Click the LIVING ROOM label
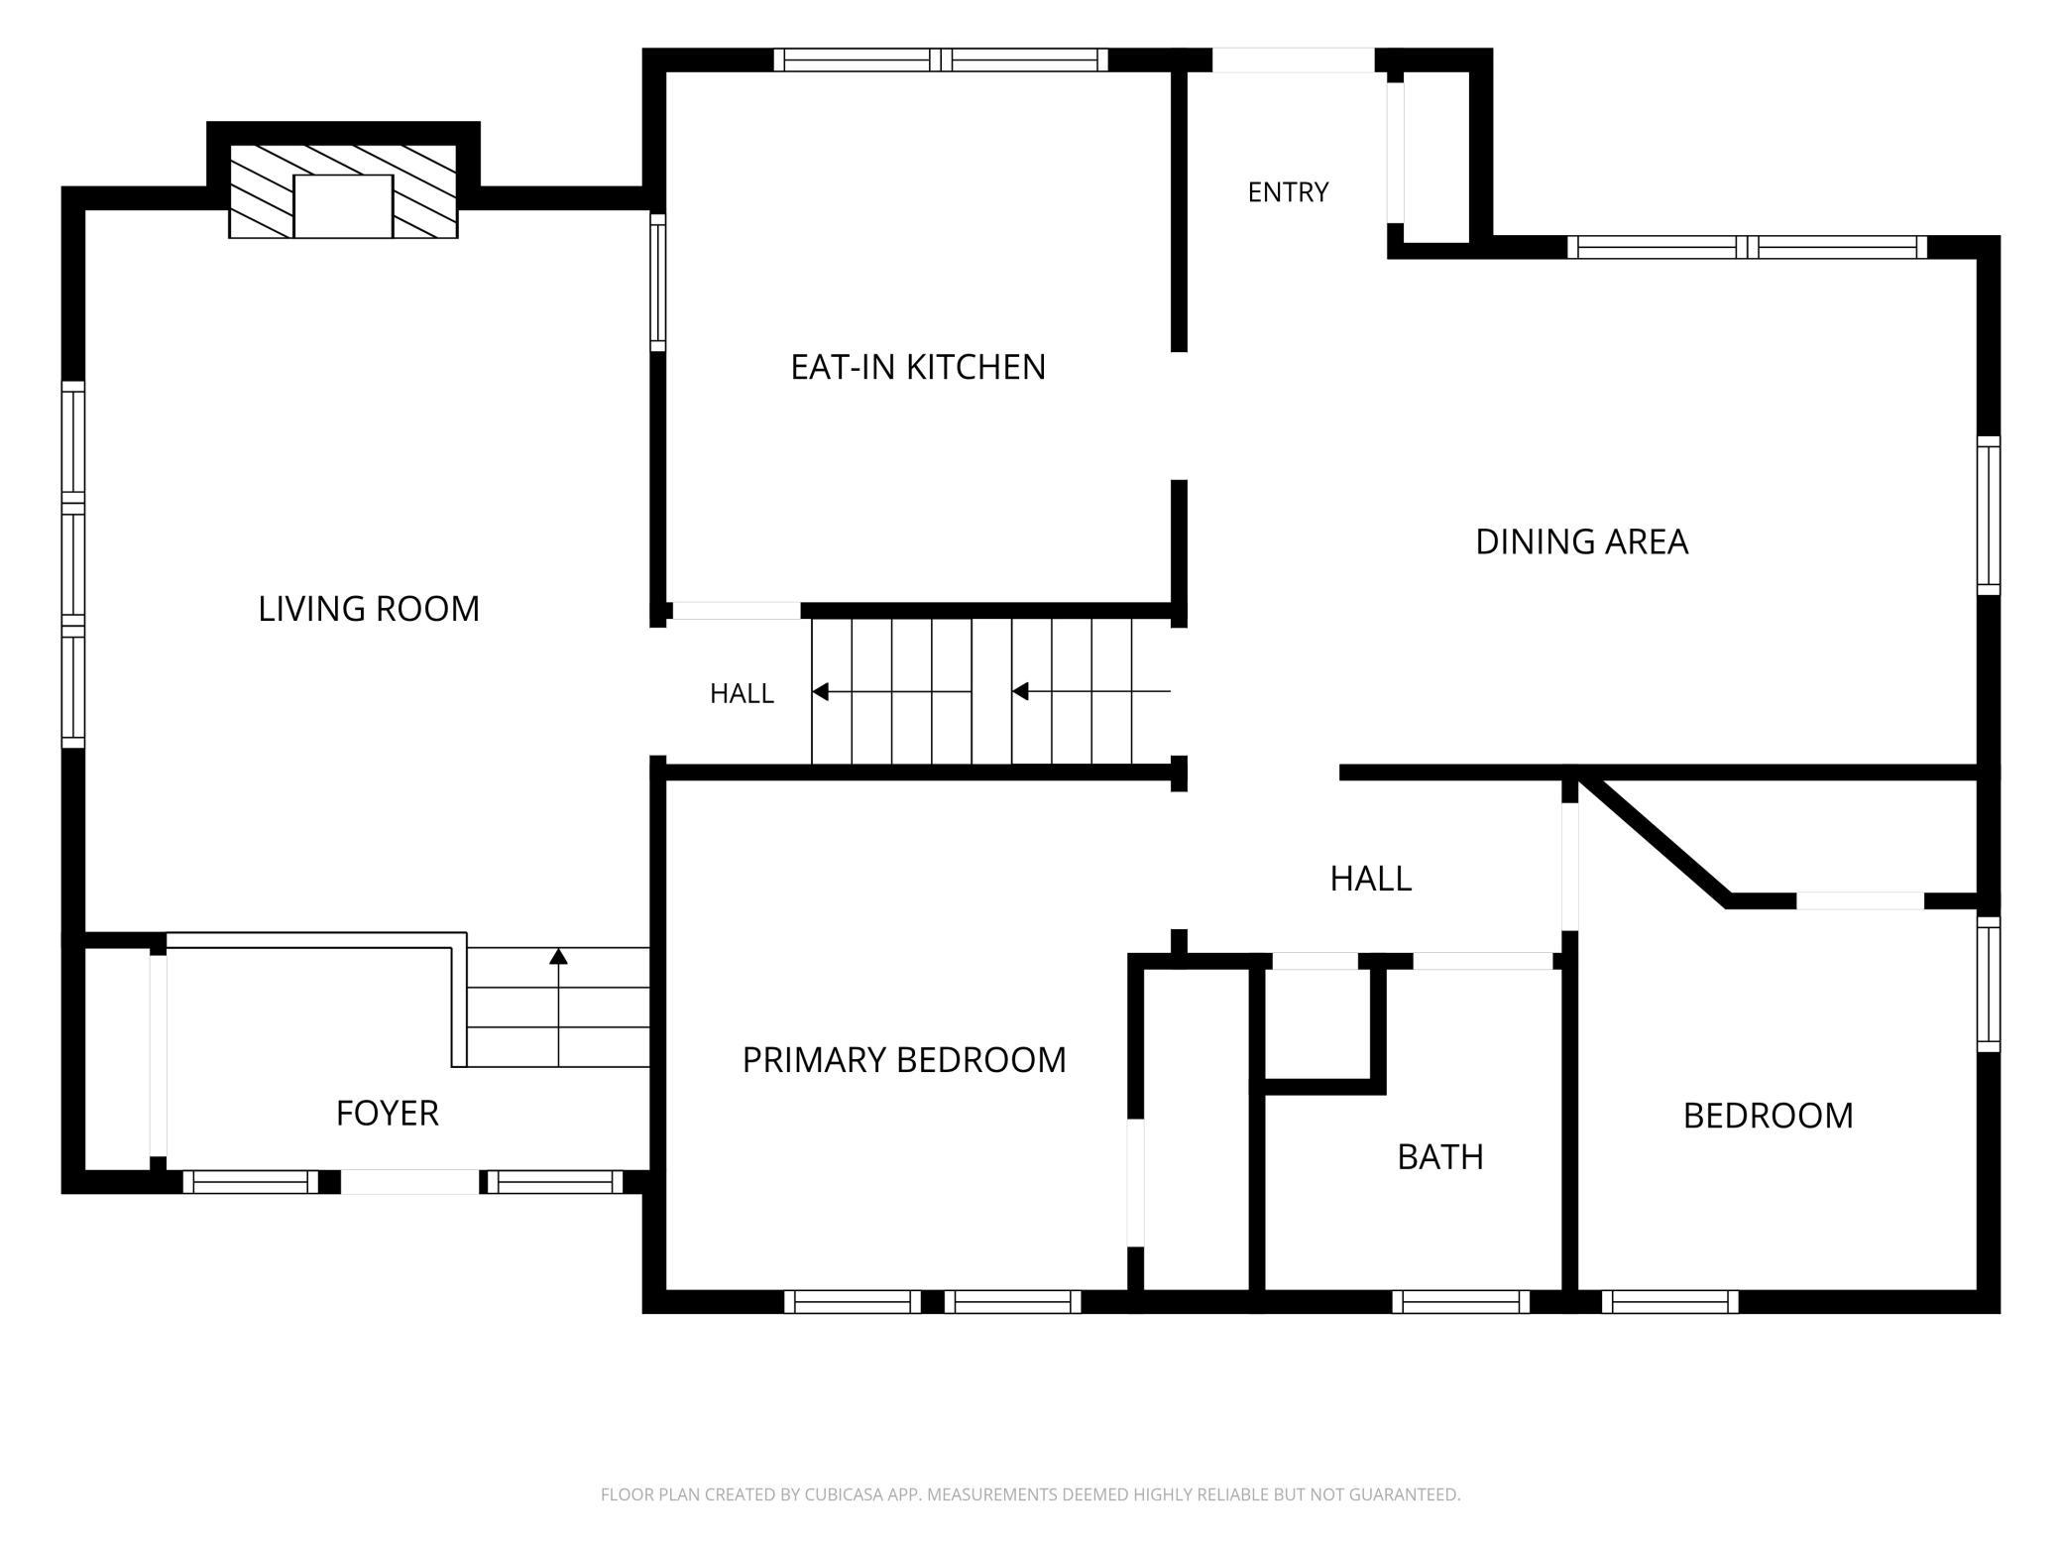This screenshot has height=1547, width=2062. tap(369, 609)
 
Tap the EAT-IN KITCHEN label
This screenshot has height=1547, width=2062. tap(918, 368)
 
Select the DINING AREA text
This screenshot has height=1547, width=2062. tap(1581, 542)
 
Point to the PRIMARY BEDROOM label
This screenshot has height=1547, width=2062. tap(904, 1060)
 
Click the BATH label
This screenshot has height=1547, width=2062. tap(1440, 1157)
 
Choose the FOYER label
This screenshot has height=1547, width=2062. tap(387, 1114)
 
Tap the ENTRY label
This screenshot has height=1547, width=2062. tap(1288, 192)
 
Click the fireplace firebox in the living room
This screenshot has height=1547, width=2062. tap(343, 206)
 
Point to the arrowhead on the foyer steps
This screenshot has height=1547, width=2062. tap(559, 956)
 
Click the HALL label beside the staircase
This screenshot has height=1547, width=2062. tap(742, 694)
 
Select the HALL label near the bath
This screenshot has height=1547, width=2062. tap(1371, 879)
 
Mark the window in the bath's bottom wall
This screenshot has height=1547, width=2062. tap(1461, 1302)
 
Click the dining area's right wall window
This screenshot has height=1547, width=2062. tap(1989, 516)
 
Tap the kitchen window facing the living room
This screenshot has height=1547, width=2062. tap(657, 283)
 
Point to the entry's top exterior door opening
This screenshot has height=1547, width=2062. tap(1293, 60)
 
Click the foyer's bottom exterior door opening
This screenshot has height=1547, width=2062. tap(410, 1182)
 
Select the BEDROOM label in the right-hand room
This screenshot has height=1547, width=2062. tap(1768, 1117)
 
